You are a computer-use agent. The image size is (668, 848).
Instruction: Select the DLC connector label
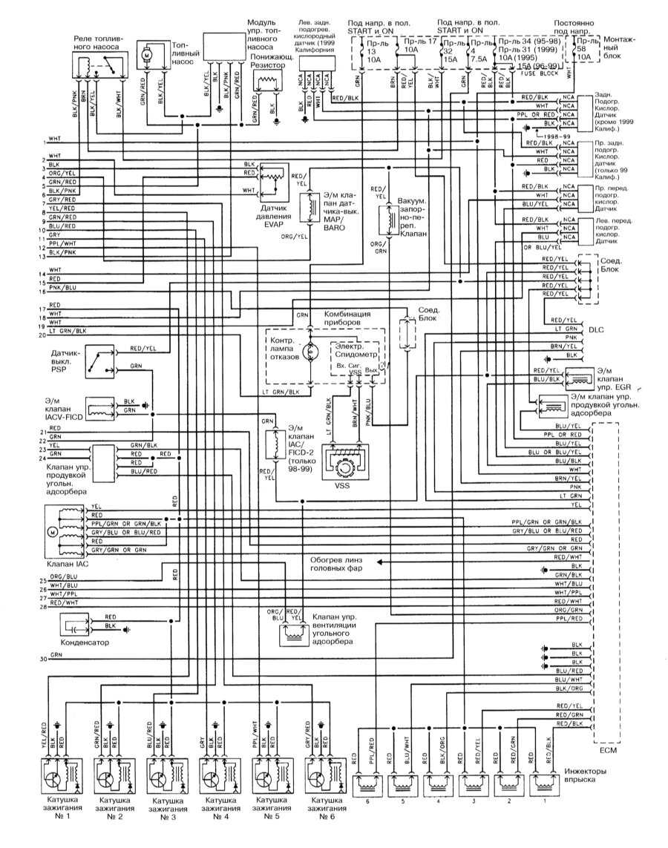click(596, 326)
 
